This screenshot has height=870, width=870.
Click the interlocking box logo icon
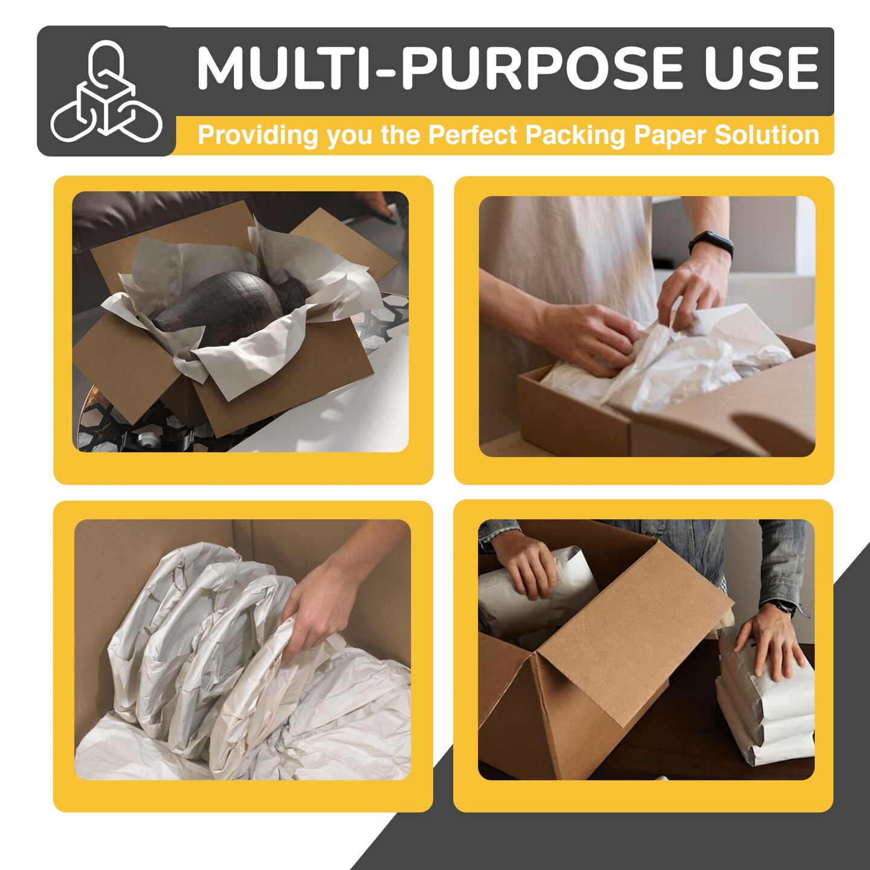[106, 92]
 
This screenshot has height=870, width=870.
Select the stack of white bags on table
[764, 713]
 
